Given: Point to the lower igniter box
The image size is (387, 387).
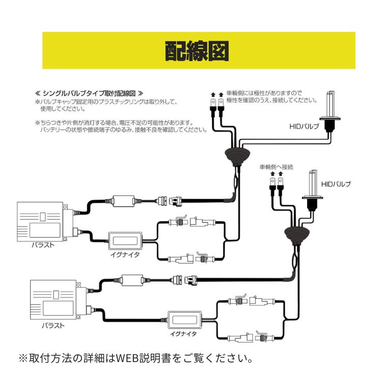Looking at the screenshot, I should (x=184, y=320).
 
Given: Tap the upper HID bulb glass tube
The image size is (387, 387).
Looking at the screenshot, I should (x=330, y=104).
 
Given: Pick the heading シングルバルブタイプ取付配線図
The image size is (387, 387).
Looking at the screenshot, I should (x=89, y=94).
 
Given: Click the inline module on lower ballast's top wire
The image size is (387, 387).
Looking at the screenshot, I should (x=134, y=279).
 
